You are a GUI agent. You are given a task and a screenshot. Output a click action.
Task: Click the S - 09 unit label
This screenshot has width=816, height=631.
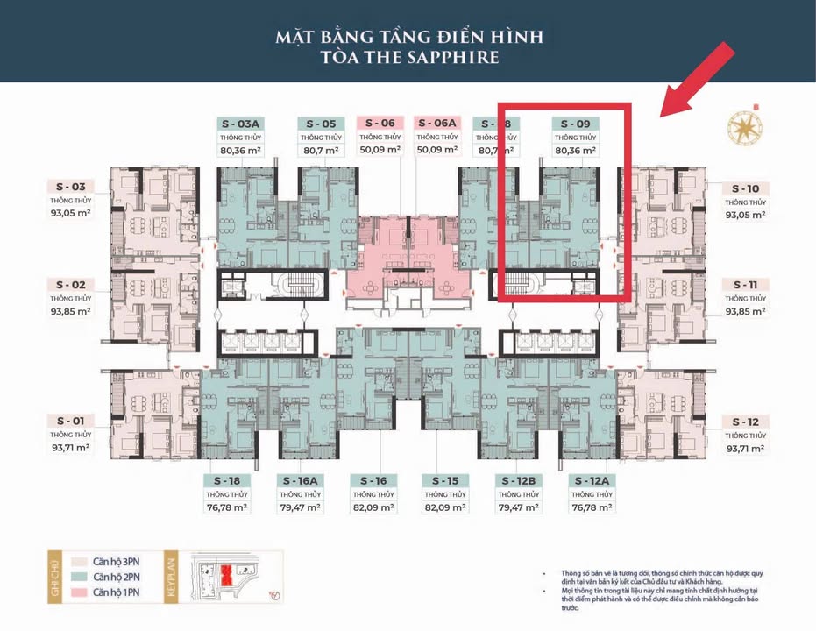(575, 124)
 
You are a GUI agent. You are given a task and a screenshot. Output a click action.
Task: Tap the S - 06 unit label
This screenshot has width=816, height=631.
(380, 124)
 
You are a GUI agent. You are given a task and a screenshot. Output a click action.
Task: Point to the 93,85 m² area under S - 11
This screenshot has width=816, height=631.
(745, 311)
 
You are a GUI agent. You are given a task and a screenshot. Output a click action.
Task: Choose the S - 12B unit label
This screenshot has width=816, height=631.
(517, 480)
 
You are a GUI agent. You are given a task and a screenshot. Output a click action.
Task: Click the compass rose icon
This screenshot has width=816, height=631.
(745, 127)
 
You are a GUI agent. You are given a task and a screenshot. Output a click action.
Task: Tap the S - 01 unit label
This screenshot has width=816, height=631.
(70, 421)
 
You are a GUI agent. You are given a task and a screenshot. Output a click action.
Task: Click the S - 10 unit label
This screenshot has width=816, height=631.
(745, 188)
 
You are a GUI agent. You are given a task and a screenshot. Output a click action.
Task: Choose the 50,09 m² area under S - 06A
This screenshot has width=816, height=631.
(437, 150)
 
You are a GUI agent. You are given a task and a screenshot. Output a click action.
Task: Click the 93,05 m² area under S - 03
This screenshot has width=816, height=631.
(70, 213)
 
